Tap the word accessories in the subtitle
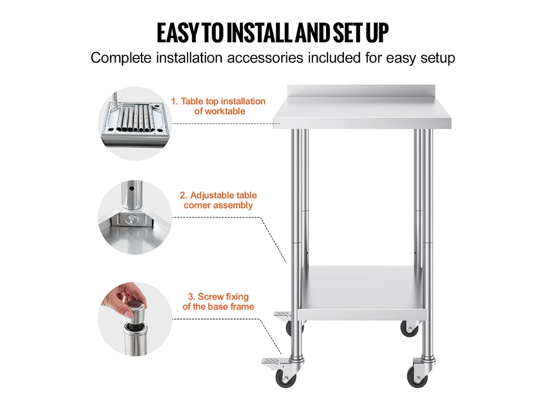point(265,58)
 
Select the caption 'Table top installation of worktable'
point(218,106)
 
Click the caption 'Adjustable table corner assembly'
point(218,200)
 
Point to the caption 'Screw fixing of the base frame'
point(218,302)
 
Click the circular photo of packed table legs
point(135,124)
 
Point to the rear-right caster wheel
point(409,329)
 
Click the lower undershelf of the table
point(362,294)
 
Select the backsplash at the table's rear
point(361,91)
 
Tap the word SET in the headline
point(348,33)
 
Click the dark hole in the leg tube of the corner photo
point(132,189)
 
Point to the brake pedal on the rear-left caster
point(282,313)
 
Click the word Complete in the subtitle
point(121,58)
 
